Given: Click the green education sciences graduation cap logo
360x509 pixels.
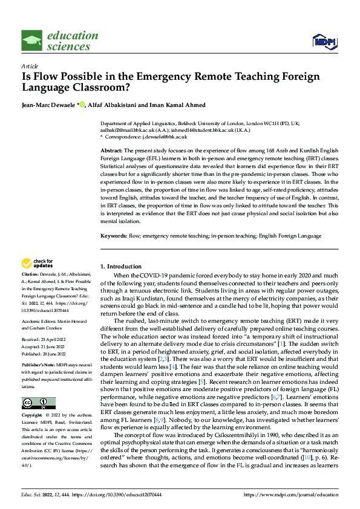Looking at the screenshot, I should (x=31, y=41).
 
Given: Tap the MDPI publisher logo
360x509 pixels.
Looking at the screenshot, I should (x=323, y=41).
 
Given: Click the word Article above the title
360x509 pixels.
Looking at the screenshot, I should (x=30, y=65).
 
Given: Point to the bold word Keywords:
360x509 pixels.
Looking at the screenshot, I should (x=114, y=235).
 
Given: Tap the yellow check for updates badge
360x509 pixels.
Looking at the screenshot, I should (x=38, y=263).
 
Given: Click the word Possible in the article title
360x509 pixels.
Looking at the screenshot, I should (x=78, y=77).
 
